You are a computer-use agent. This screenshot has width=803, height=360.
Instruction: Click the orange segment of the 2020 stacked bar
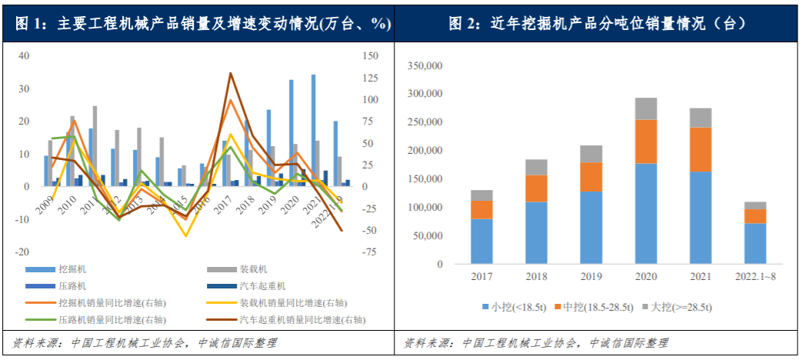tap(646, 142)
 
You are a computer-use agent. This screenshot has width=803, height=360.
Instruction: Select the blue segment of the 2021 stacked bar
tap(701, 217)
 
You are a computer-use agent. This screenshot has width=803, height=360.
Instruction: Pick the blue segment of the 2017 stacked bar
tap(482, 241)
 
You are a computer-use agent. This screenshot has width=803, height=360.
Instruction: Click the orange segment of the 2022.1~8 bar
tap(755, 216)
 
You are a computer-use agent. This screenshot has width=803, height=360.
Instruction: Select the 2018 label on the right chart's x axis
tap(537, 276)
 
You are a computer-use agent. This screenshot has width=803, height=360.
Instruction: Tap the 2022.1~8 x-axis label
tap(755, 276)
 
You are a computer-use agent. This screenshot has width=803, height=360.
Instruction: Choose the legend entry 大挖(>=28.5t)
tap(681, 308)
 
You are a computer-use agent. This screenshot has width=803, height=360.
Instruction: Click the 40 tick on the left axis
tap(24, 56)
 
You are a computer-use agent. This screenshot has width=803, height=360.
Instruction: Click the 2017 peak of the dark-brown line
tap(231, 74)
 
